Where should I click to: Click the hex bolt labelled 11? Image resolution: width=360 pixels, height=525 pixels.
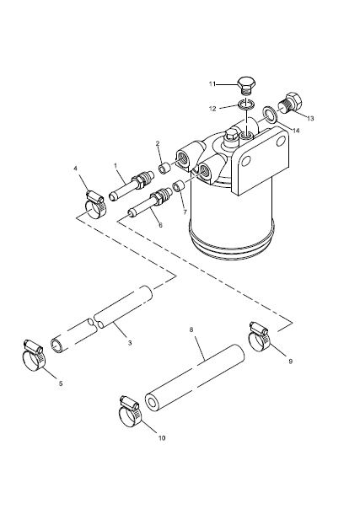click(x=246, y=85)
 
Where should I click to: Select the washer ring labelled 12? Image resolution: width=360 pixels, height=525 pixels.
click(x=246, y=104)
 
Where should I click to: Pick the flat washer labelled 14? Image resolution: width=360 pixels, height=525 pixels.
click(x=269, y=115)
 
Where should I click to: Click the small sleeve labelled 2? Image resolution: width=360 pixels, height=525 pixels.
click(x=164, y=168)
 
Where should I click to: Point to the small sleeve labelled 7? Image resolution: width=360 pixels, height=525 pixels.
click(x=178, y=185)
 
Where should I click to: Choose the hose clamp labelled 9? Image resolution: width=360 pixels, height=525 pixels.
click(x=260, y=336)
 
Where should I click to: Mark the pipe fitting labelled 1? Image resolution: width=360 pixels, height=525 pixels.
click(x=132, y=187)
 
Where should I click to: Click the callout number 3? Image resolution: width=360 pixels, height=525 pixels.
click(x=130, y=343)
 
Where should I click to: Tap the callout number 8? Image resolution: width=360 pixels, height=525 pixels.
click(x=191, y=329)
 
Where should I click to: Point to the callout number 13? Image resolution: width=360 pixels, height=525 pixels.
click(x=310, y=119)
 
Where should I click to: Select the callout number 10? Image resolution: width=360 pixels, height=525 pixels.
click(x=162, y=437)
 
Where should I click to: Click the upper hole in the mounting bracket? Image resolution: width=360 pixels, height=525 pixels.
click(x=281, y=142)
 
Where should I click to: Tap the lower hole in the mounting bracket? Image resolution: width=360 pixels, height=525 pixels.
click(x=246, y=161)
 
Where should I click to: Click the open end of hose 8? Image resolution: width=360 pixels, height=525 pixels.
click(x=153, y=402)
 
